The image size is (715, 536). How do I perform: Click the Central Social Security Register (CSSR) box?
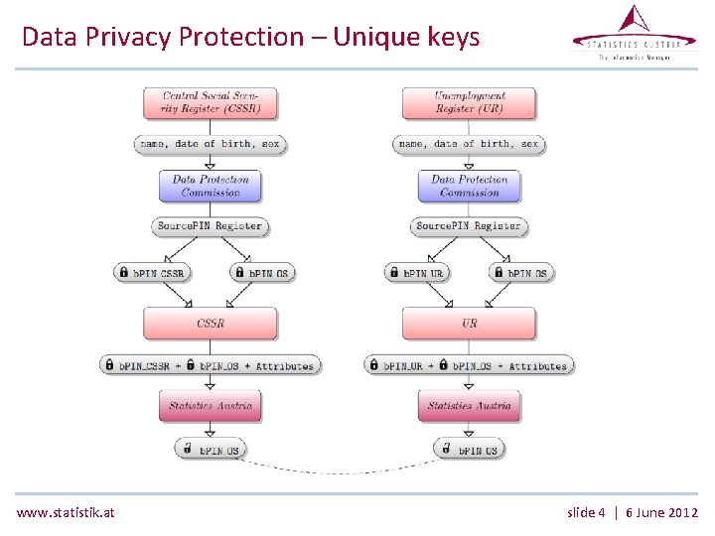(x=210, y=103)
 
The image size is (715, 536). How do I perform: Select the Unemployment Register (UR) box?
(x=469, y=103)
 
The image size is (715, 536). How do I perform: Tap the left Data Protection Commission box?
(x=210, y=186)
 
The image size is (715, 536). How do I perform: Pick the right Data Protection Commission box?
(x=469, y=186)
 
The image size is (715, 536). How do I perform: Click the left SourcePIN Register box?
(x=210, y=226)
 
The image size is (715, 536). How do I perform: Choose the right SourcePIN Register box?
(x=469, y=226)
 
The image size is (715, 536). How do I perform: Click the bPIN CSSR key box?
(x=152, y=273)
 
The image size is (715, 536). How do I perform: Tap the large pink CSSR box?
(x=210, y=324)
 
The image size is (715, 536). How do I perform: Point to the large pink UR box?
(x=469, y=324)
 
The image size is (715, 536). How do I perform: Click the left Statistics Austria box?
(x=210, y=405)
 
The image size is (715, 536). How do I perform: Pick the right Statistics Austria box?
(x=469, y=405)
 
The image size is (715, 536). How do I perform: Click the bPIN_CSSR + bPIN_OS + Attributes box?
(x=210, y=365)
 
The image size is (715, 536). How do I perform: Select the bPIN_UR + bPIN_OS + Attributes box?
(x=469, y=365)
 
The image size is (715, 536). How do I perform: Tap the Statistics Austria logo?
(x=634, y=34)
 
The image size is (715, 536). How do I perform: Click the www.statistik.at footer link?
(x=66, y=512)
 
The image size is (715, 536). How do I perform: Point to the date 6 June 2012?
(x=662, y=512)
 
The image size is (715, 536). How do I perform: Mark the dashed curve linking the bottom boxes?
(x=340, y=469)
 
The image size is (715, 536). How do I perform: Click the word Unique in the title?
(x=376, y=38)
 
